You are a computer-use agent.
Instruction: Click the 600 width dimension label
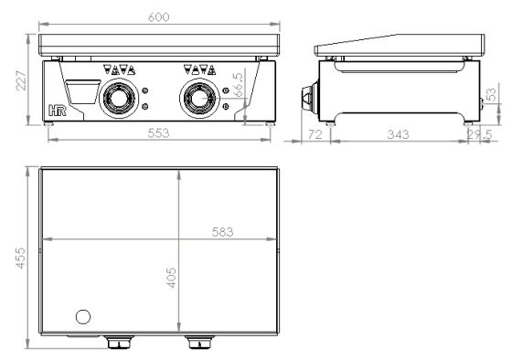click(159, 17)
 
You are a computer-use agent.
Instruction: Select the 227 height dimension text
click(22, 80)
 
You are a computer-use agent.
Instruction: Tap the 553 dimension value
click(158, 133)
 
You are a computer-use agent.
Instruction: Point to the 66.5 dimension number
click(239, 85)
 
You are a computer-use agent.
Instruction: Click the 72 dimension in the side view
click(315, 134)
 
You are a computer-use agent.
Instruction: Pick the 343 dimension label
click(398, 134)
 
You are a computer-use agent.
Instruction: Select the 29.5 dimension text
click(479, 134)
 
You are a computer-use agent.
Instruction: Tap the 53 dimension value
click(491, 95)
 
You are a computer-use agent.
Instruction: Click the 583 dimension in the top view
click(223, 232)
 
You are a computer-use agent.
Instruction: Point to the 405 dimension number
click(171, 278)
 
